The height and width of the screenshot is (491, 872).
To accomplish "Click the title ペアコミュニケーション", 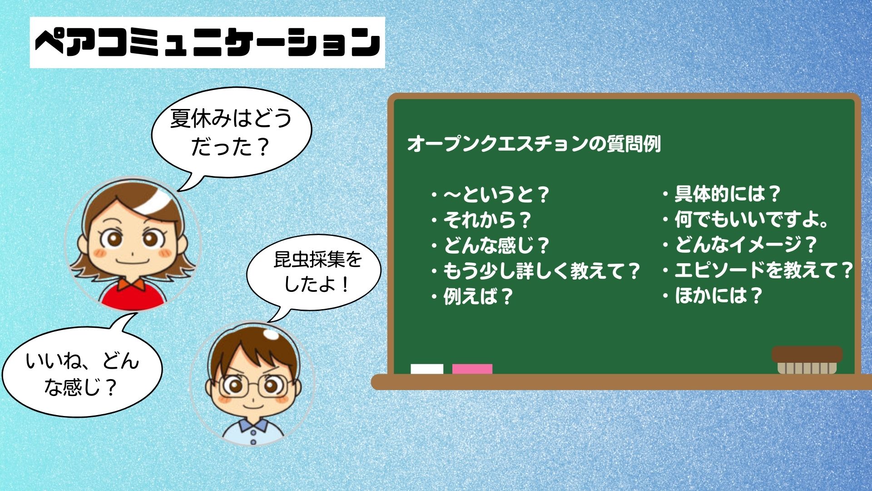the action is [x=208, y=42].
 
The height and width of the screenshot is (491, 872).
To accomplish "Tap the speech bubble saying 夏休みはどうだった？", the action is [x=231, y=132].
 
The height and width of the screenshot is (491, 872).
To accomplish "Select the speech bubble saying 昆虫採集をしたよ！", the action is [x=314, y=273].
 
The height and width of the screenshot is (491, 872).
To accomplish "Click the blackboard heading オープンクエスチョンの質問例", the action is [x=534, y=144].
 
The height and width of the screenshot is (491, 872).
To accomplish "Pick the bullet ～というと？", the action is [x=490, y=195].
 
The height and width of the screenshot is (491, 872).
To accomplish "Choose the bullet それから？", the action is [x=481, y=220].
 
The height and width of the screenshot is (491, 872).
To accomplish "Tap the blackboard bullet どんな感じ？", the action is [x=490, y=245].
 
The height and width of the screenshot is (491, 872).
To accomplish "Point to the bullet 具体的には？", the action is [x=722, y=194].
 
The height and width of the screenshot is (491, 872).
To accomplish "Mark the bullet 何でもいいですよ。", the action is [x=745, y=219].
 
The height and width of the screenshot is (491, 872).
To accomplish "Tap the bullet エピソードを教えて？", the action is [x=758, y=270].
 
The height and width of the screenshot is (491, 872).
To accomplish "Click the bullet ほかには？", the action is [x=713, y=296].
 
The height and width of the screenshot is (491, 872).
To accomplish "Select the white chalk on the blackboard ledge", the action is [x=427, y=369].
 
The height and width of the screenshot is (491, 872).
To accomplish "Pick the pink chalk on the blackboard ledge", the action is [x=472, y=369].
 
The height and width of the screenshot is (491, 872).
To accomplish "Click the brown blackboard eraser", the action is [x=807, y=360].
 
